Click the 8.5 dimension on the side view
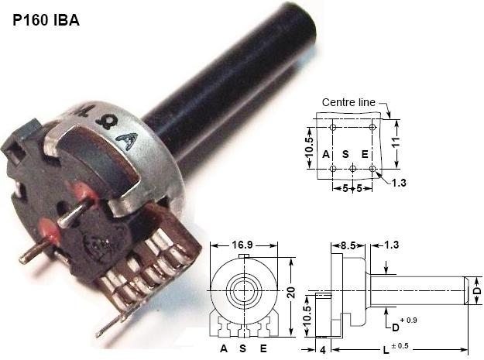click(x=349, y=245)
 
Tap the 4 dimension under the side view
click(x=322, y=349)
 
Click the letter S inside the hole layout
click(x=346, y=153)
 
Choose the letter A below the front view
click(x=224, y=349)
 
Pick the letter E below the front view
click(x=263, y=349)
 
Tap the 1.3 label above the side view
click(x=392, y=245)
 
